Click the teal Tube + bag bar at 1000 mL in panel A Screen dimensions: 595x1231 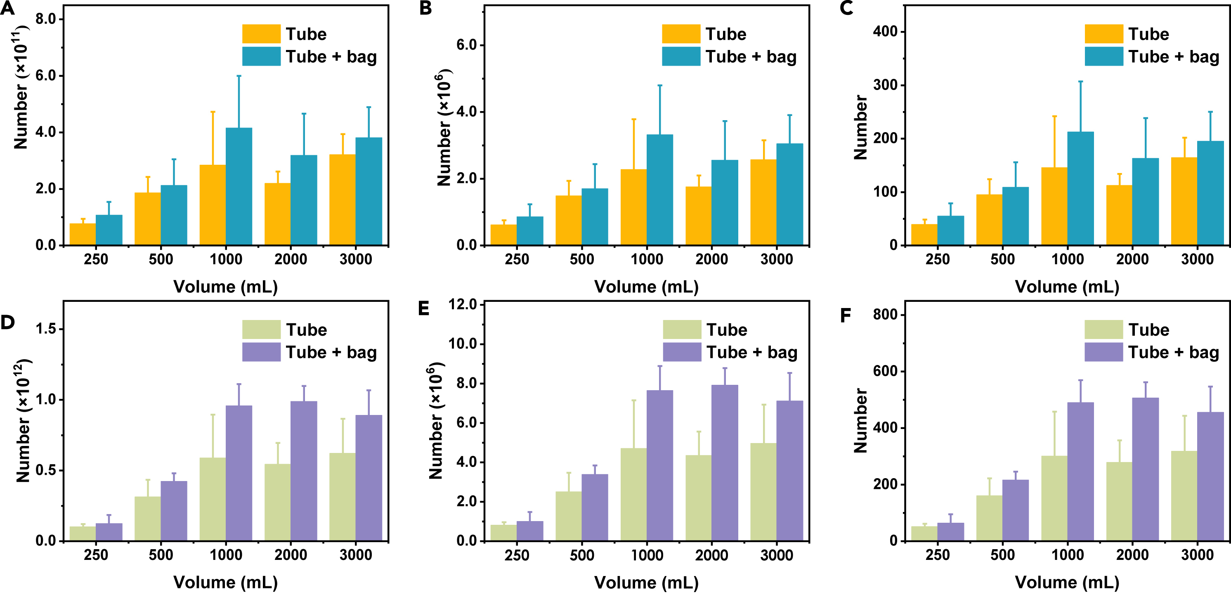239,187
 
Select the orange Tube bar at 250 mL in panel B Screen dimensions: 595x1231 504,235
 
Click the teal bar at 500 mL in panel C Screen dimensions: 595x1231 1016,216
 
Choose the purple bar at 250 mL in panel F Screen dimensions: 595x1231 950,532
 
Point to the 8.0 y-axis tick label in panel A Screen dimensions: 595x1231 46,19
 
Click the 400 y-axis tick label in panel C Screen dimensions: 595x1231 885,31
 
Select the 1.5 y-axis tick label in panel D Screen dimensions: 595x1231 46,329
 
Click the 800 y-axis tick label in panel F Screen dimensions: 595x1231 885,315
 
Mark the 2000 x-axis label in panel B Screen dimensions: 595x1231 711,259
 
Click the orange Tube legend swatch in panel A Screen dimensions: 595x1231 261,34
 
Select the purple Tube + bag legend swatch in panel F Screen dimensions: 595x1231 1103,352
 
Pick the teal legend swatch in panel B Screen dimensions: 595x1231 681,57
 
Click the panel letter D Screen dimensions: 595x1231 8,322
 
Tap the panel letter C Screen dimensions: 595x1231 846,8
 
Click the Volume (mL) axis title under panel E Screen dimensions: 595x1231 646,582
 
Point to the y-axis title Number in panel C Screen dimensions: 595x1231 860,127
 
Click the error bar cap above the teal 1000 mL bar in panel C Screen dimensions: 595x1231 1080,82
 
